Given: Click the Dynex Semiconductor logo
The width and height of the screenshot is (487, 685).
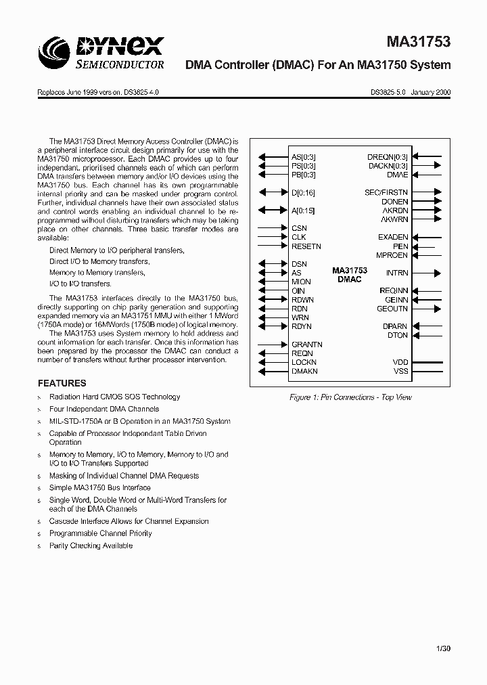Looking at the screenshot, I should pyautogui.click(x=101, y=53).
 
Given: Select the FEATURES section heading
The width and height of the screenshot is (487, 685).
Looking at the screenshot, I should pyautogui.click(x=62, y=382).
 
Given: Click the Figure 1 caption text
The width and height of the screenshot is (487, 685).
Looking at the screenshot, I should pyautogui.click(x=350, y=397).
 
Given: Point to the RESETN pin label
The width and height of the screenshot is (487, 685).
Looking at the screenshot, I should pyautogui.click(x=306, y=246).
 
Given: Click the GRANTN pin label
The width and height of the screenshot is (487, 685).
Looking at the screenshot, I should pyautogui.click(x=306, y=345).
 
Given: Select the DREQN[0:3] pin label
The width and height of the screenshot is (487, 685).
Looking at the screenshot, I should pyautogui.click(x=388, y=157).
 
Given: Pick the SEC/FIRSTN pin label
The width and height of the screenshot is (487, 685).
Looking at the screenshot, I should pyautogui.click(x=386, y=193).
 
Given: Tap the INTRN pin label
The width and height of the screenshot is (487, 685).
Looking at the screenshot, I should pyautogui.click(x=397, y=273).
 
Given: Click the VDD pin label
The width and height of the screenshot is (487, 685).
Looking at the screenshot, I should pyautogui.click(x=400, y=362).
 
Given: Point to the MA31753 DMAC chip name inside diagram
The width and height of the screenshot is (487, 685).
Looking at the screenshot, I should pyautogui.click(x=350, y=274).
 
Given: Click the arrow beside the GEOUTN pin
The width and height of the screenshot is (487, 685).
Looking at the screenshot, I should pyautogui.click(x=427, y=309).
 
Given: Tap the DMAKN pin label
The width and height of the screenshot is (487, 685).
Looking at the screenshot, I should pyautogui.click(x=304, y=371).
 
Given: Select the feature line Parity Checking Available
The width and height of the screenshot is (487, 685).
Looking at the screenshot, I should pyautogui.click(x=91, y=546).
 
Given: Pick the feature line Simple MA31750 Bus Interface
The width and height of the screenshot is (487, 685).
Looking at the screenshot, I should pyautogui.click(x=99, y=487).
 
